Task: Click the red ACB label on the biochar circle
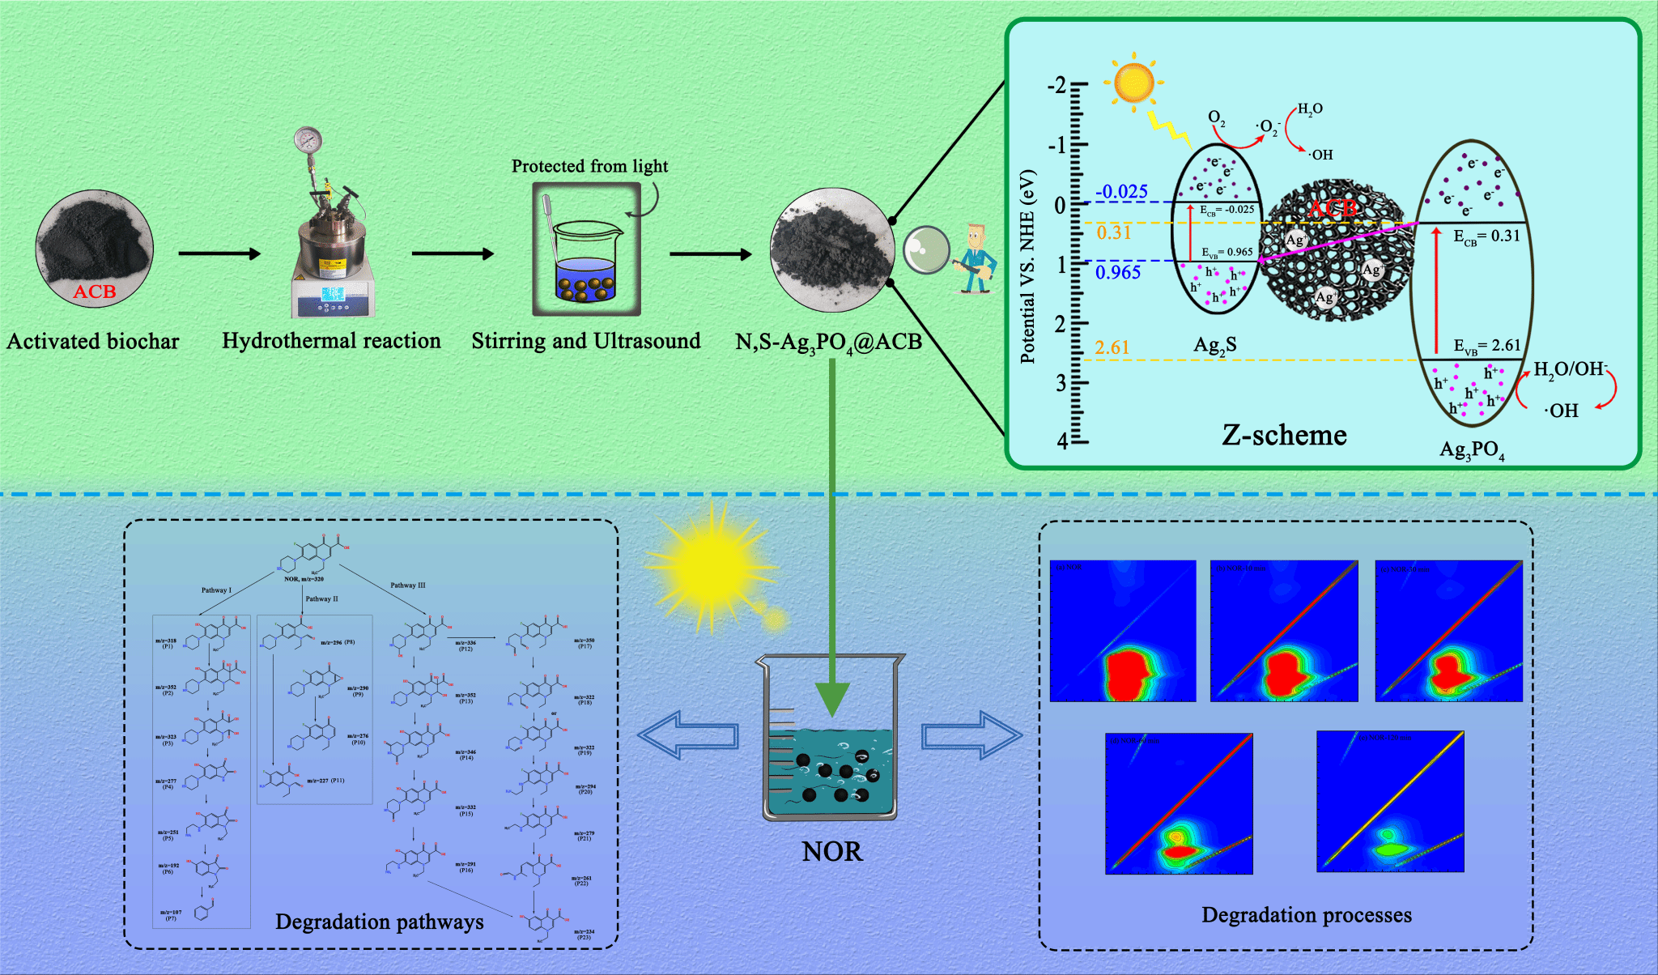[95, 292]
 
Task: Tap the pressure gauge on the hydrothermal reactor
[308, 139]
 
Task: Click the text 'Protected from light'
[589, 166]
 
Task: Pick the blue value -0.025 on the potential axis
[1121, 192]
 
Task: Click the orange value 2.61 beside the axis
[1112, 347]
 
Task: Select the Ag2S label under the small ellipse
[1214, 346]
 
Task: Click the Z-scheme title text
[1284, 435]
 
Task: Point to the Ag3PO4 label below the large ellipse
[1471, 450]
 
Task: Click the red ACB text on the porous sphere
[1333, 209]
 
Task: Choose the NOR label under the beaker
[831, 851]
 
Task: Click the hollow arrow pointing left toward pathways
[688, 734]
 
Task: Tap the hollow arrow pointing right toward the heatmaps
[971, 734]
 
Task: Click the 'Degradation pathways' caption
[379, 922]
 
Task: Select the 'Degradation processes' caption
[1306, 915]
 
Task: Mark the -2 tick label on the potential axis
[1056, 85]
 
